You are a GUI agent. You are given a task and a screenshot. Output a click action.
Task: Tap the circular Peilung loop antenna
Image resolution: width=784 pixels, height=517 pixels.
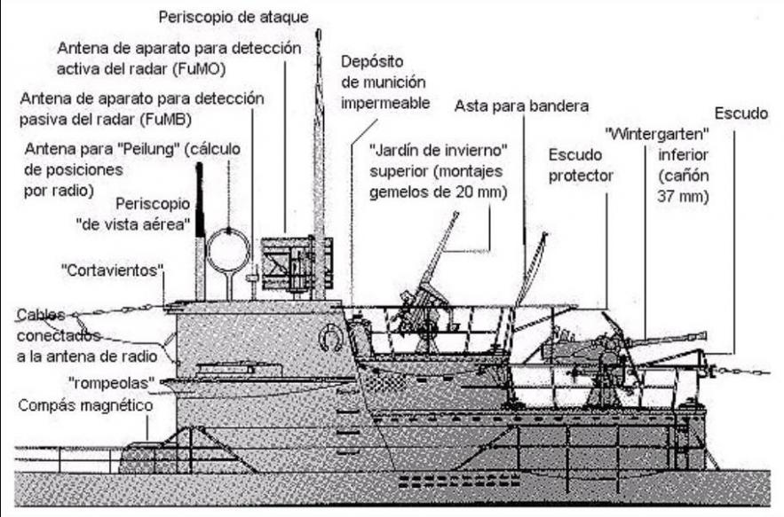click(x=227, y=251)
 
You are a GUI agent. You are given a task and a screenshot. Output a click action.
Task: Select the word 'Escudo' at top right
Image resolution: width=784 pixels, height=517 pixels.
click(x=740, y=114)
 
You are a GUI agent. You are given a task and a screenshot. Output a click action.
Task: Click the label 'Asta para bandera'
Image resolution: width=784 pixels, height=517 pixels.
click(x=521, y=106)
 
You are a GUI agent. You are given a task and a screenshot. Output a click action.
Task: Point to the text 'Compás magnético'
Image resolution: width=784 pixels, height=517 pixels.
click(x=84, y=405)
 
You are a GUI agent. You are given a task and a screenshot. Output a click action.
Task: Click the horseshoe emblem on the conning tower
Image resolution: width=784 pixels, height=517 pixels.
click(x=330, y=337)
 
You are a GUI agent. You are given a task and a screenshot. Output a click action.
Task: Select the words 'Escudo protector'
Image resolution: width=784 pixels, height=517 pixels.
click(x=581, y=164)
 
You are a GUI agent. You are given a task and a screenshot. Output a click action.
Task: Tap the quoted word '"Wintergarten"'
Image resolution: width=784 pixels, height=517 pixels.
click(x=649, y=134)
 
